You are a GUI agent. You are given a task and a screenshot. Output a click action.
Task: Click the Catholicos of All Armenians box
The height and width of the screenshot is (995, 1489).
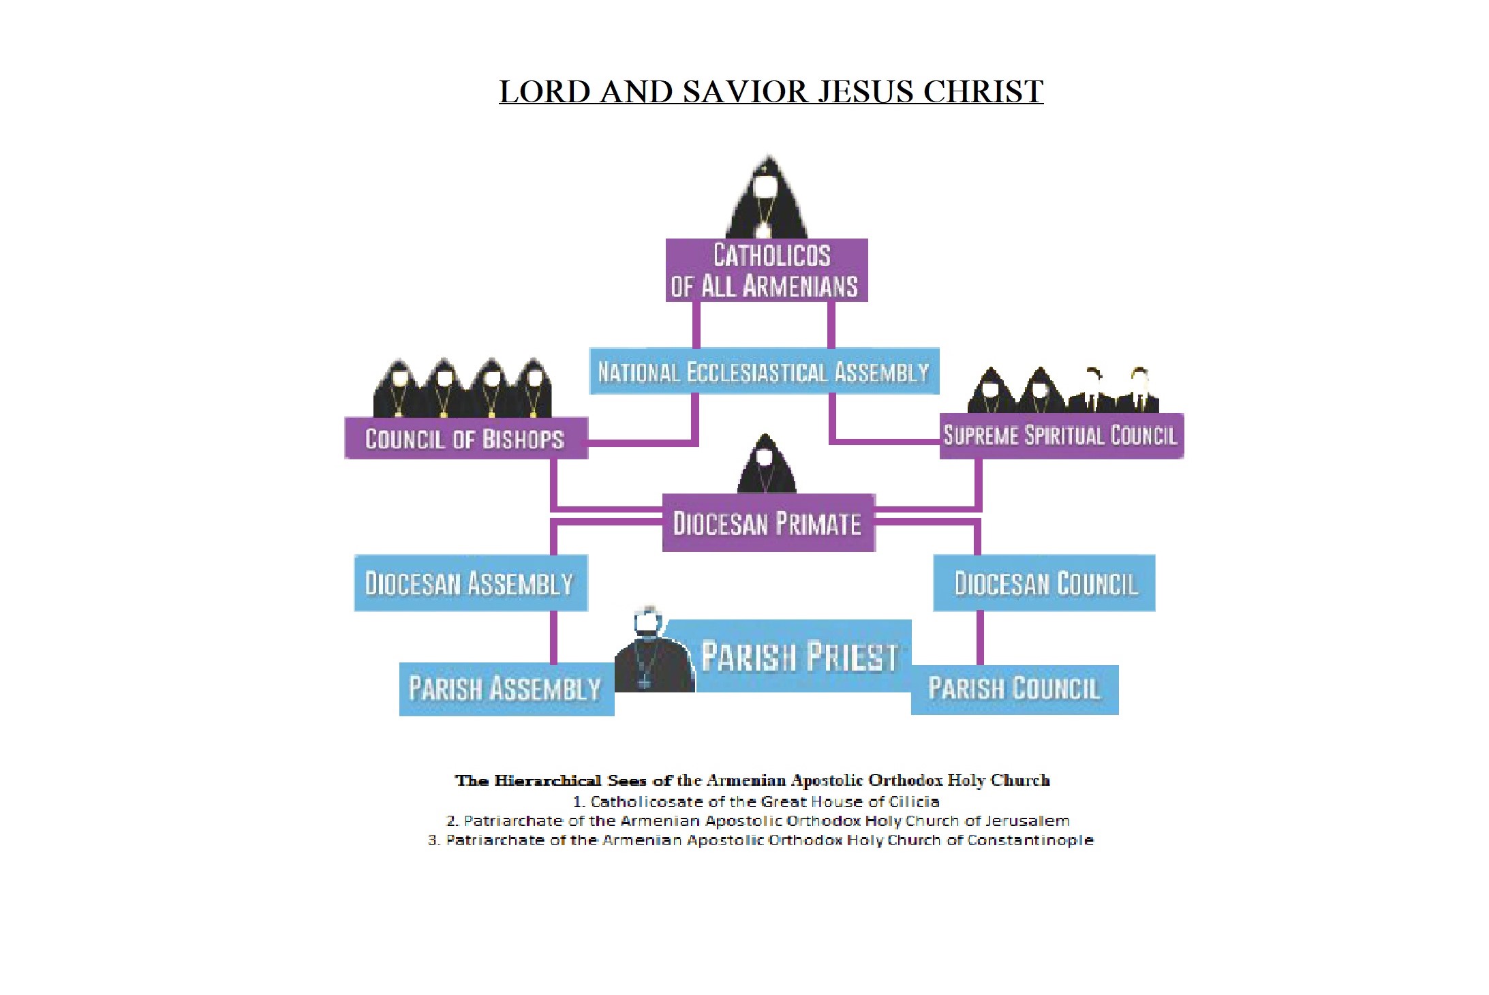766,270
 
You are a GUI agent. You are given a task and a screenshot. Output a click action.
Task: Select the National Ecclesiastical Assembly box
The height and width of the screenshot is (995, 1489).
763,371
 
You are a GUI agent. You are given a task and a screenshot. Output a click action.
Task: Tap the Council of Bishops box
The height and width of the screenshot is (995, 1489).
465,438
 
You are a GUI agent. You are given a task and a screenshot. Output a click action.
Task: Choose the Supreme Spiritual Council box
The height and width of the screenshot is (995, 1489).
1060,435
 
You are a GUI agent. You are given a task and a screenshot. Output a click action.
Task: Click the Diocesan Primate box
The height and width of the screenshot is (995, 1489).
768,523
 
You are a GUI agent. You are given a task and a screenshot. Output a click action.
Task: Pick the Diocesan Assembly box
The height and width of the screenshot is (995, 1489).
470,583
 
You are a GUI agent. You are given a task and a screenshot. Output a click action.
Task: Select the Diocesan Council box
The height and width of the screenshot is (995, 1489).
1043,583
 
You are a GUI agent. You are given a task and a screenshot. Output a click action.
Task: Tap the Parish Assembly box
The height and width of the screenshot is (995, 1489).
506,688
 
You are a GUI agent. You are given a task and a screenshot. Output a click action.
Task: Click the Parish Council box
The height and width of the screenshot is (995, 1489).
1014,689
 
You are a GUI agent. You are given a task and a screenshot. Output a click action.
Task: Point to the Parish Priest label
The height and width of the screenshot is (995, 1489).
800,656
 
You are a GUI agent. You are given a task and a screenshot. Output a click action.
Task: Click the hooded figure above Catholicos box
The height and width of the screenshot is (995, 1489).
766,198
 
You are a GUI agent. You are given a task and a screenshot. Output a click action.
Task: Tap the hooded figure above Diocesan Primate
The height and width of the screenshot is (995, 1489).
766,465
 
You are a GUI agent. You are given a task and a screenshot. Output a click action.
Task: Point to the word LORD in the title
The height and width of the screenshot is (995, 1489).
544,92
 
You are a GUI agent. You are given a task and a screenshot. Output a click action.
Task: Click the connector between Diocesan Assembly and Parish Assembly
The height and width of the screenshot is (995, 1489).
553,637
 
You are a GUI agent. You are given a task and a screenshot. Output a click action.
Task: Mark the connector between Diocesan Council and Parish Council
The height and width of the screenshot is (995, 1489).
980,637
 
